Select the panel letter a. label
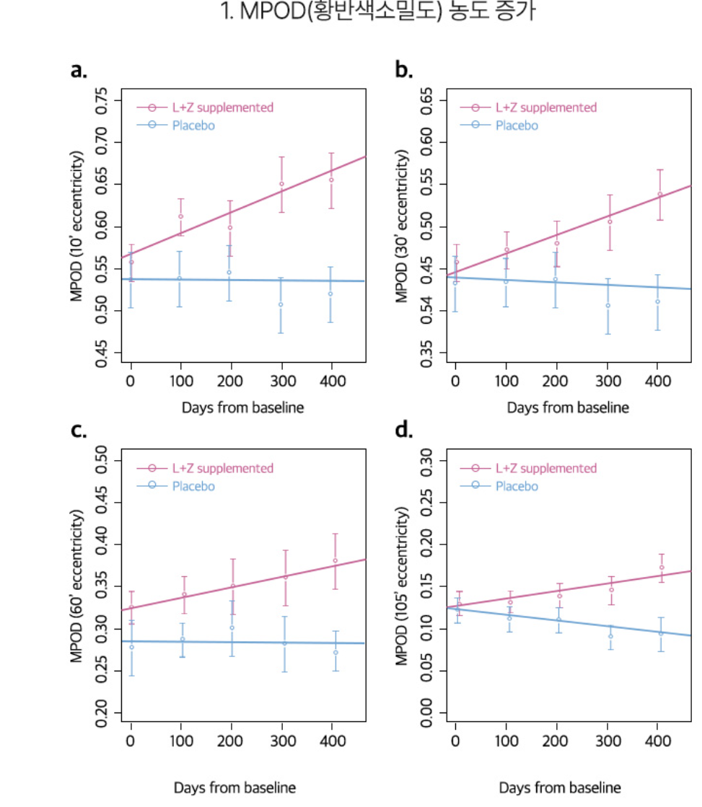[79, 70]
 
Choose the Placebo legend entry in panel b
[517, 125]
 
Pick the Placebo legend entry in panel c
[193, 486]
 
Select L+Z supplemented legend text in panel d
[546, 468]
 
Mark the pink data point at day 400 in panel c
[335, 560]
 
